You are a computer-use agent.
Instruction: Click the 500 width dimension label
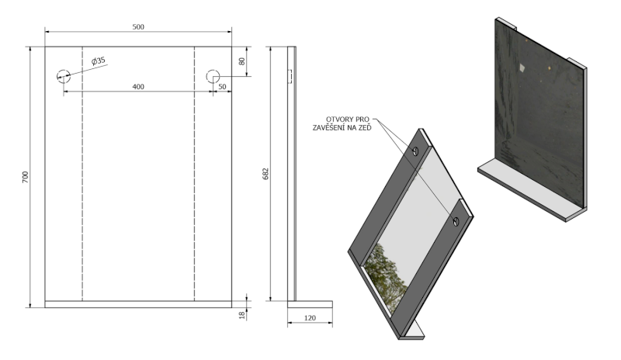click(x=138, y=27)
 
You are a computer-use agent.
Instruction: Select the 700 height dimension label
click(x=26, y=177)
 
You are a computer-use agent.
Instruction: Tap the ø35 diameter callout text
click(x=99, y=61)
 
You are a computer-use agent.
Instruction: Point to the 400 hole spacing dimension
click(x=138, y=87)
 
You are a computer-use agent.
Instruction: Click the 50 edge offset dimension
click(x=222, y=87)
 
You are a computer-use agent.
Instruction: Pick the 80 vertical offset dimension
click(x=242, y=61)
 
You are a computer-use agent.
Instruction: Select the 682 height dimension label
click(x=265, y=174)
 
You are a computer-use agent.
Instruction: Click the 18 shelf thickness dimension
click(x=242, y=316)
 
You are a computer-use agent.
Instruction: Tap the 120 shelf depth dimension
click(x=310, y=318)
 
